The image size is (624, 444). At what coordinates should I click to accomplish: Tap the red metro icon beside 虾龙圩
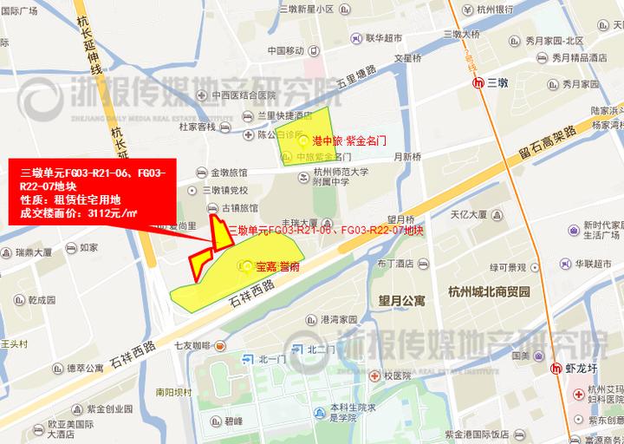point(557,367)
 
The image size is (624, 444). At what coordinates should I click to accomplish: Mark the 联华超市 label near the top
point(384,38)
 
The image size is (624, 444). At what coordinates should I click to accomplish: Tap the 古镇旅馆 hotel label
point(240,208)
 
